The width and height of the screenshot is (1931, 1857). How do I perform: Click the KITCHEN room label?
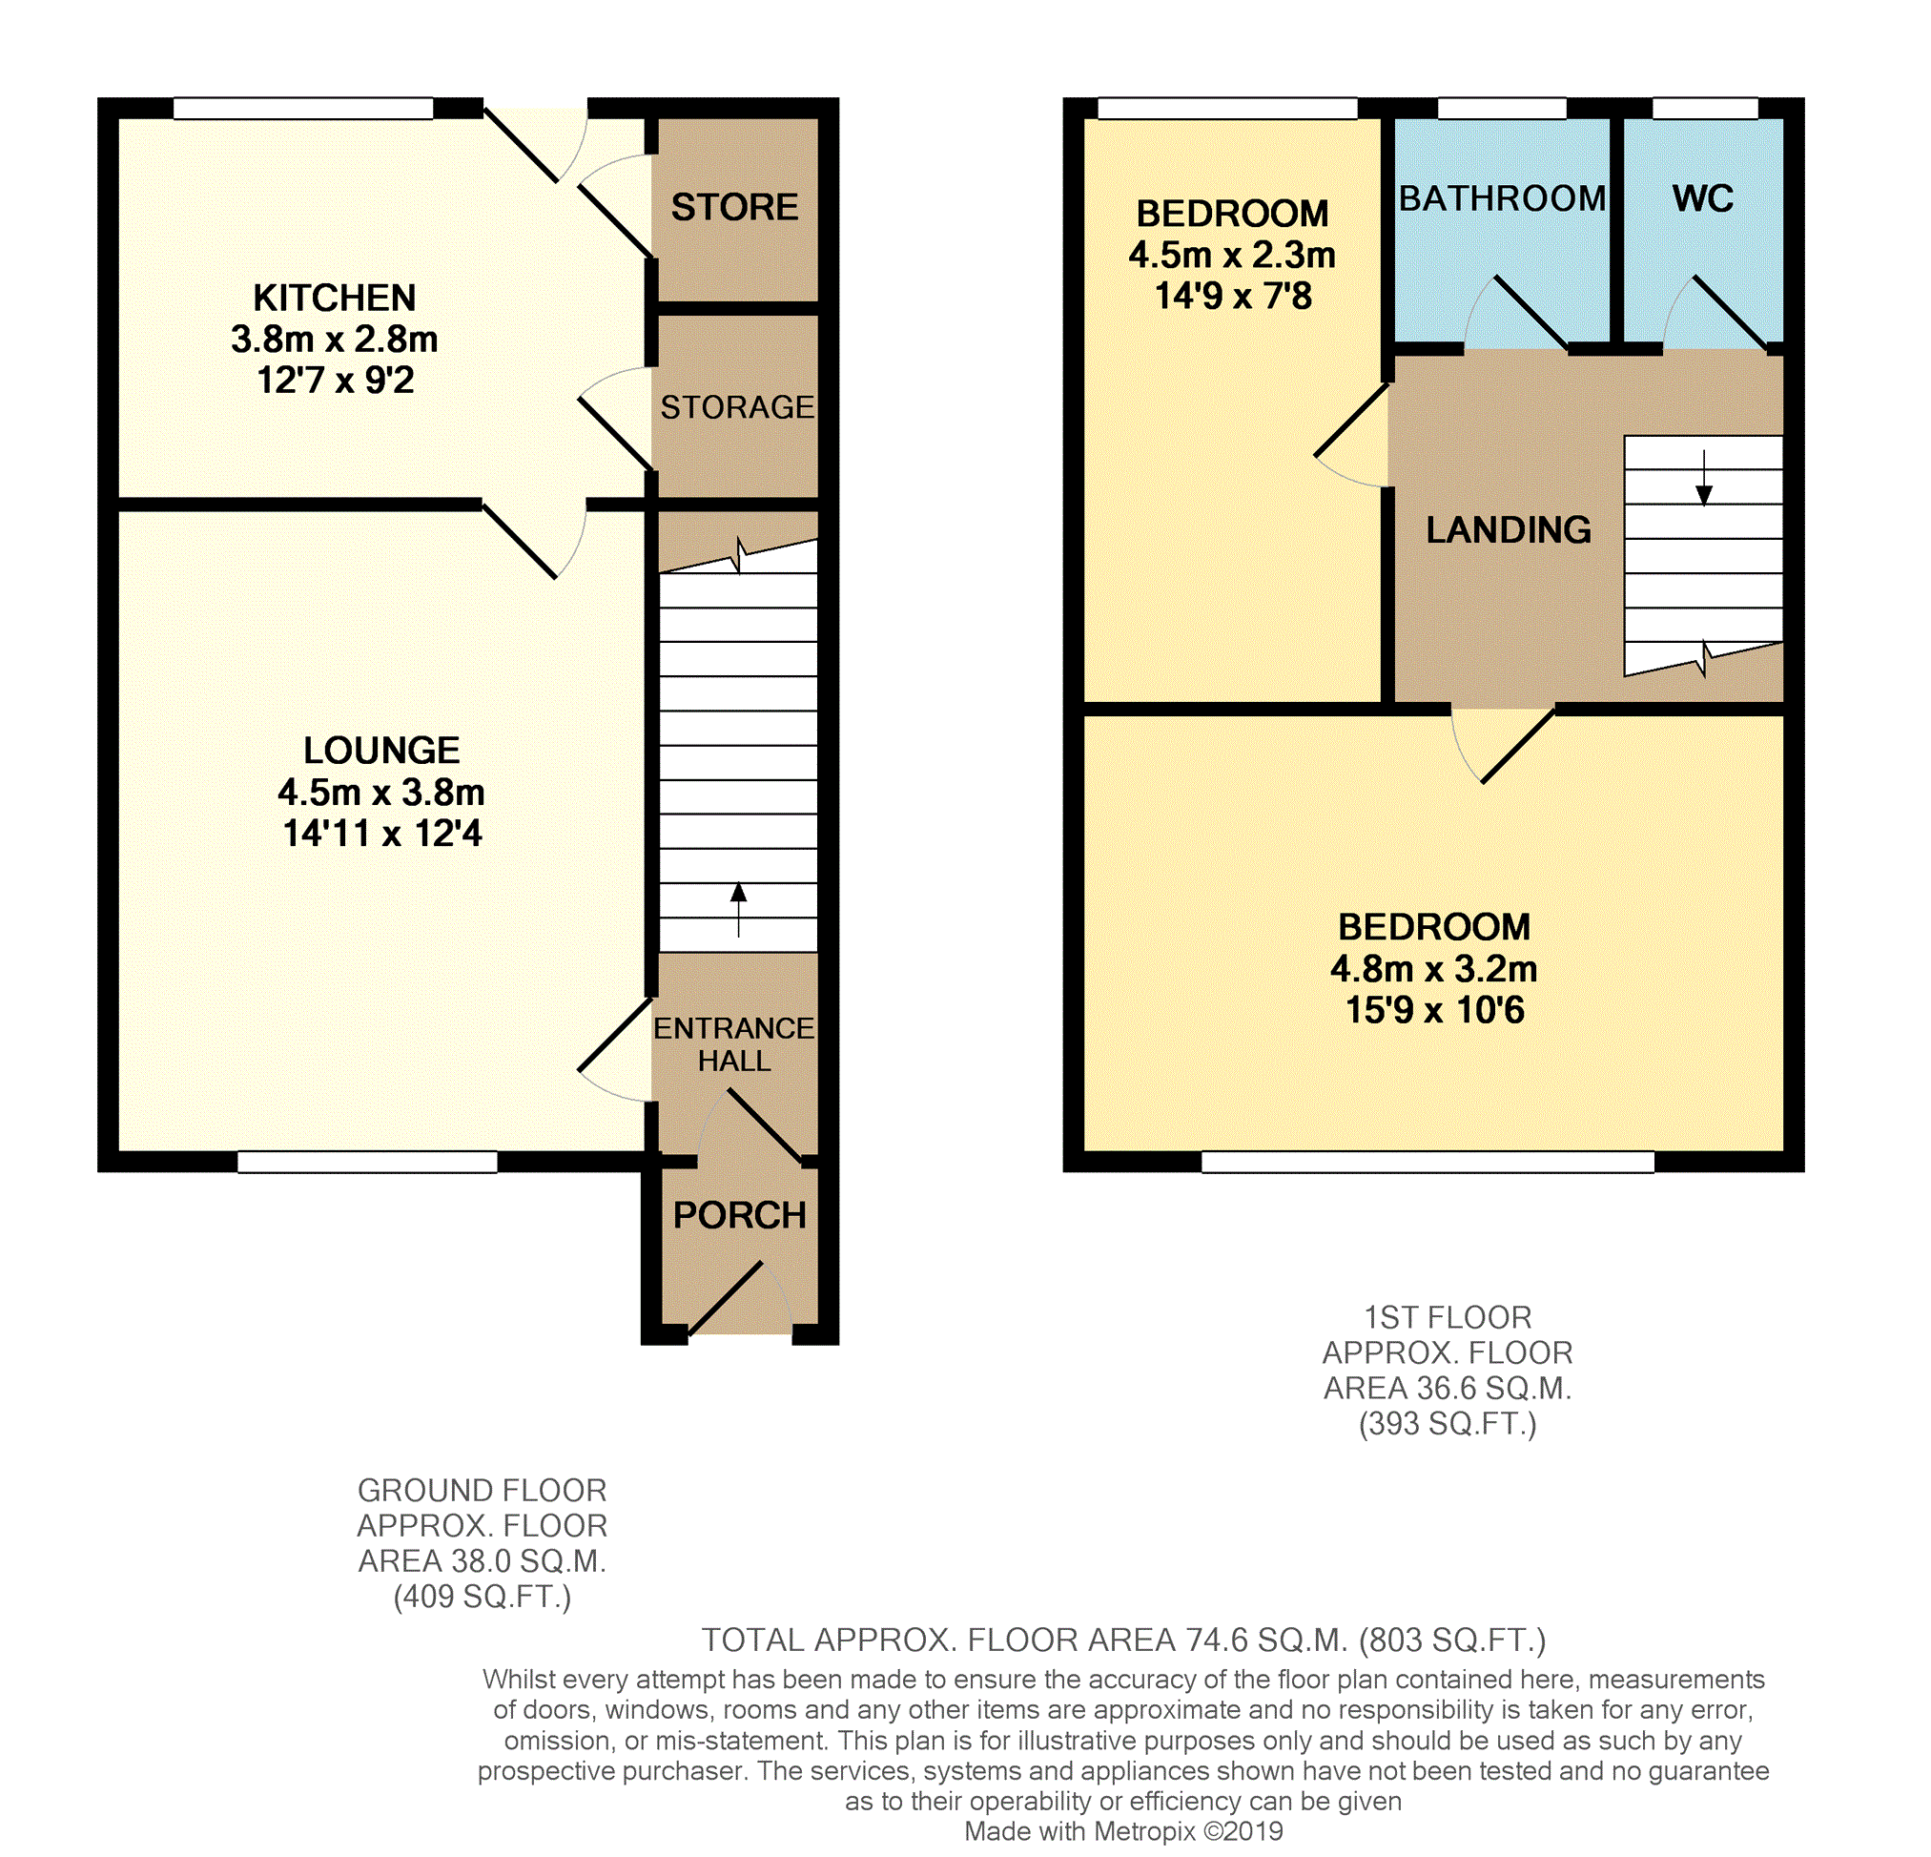pos(334,298)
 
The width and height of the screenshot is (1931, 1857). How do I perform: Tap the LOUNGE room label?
pos(381,751)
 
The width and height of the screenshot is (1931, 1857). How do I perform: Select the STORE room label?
pos(735,207)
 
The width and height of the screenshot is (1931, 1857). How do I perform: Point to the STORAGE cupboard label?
pos(737,407)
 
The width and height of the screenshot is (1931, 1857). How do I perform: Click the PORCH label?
pos(740,1216)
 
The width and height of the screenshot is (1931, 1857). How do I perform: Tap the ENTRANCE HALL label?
pos(734,1044)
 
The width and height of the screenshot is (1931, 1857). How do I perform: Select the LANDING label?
pos(1509,530)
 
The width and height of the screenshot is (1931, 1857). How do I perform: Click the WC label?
pos(1702,199)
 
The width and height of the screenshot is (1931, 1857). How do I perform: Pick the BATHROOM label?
pos(1503,199)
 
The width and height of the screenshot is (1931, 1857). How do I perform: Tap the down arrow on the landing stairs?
pos(1703,479)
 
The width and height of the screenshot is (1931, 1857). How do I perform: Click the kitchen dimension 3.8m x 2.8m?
pos(334,339)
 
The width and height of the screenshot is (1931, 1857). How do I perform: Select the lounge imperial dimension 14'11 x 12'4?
pos(382,834)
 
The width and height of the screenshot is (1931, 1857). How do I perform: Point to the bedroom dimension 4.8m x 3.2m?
pos(1433,969)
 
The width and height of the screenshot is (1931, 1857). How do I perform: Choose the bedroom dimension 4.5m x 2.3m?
pos(1231,256)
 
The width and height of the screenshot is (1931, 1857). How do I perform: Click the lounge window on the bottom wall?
pos(367,1162)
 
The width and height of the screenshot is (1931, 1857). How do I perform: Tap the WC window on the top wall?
pos(1704,109)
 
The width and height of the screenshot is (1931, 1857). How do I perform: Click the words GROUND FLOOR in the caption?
pos(482,1491)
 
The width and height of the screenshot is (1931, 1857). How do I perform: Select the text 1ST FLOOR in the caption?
pos(1448,1317)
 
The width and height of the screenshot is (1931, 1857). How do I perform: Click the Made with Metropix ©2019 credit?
pos(1123,1831)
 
